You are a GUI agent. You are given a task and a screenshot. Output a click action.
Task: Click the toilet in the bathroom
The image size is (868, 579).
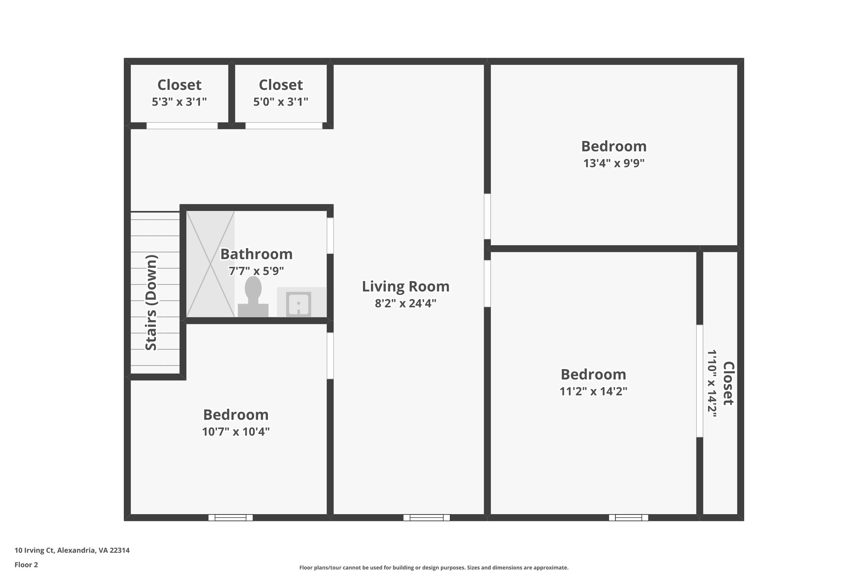[x=253, y=297]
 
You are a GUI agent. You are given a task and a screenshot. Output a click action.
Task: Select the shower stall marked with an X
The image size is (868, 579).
[x=210, y=264]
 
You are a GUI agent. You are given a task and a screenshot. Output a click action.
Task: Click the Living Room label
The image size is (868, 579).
[x=405, y=286]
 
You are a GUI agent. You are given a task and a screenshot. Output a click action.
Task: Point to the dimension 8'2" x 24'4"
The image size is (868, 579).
[x=405, y=303]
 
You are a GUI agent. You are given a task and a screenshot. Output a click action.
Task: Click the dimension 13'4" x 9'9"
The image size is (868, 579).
[x=613, y=163]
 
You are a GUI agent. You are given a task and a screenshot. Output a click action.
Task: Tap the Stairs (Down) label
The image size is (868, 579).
[x=151, y=302]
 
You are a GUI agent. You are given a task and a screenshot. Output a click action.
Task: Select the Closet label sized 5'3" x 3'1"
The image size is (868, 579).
[x=179, y=85]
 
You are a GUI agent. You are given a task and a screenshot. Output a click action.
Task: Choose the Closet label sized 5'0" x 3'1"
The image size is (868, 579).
[x=281, y=85]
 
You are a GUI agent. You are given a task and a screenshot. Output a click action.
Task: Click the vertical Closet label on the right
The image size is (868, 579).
[x=728, y=383]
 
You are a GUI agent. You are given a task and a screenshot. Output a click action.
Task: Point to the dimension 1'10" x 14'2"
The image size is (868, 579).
[x=712, y=383]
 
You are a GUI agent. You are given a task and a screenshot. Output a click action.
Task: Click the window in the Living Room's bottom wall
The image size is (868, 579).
[x=426, y=517]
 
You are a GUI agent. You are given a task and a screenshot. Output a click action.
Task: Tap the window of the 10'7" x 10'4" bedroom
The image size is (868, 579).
[x=231, y=517]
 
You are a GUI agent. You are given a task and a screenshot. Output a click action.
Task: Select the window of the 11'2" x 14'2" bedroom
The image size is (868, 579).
[x=628, y=517]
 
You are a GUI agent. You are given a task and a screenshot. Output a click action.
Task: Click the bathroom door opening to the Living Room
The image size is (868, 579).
[x=330, y=235]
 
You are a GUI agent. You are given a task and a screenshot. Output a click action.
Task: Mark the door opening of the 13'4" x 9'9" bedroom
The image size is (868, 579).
[x=487, y=216]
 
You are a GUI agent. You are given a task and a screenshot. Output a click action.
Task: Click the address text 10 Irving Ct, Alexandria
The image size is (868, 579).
[x=72, y=550]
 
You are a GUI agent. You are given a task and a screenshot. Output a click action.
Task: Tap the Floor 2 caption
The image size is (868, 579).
[x=26, y=565]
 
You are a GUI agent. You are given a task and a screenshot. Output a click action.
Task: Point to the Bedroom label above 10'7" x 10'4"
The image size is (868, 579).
[x=236, y=414]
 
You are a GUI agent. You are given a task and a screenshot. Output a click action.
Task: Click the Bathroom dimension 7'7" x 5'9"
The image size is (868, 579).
[x=256, y=271]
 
